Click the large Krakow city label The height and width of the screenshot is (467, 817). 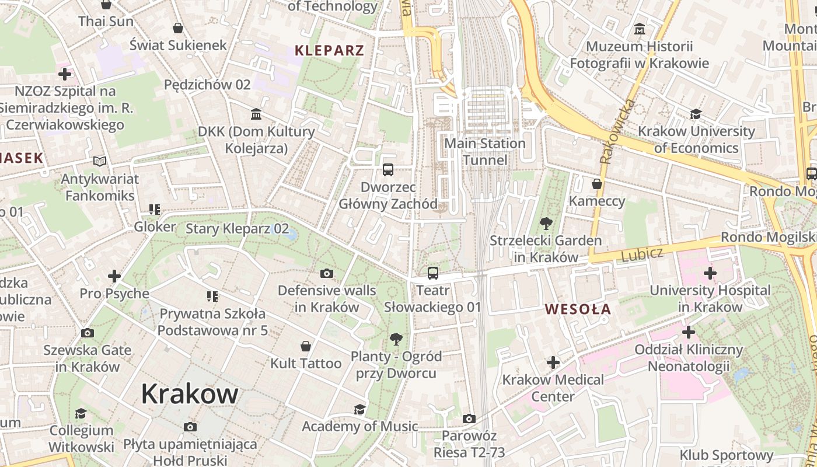click(190, 394)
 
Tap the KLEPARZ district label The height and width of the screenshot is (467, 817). click(329, 50)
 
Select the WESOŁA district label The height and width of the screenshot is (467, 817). click(578, 309)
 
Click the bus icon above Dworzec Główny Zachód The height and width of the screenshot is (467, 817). click(388, 170)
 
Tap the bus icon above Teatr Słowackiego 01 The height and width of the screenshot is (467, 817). click(432, 273)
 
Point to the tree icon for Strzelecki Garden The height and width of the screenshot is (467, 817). click(546, 223)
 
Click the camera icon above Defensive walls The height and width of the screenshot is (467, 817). click(327, 273)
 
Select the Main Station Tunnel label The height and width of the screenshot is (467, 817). click(485, 152)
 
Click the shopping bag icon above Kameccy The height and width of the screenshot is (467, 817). click(596, 184)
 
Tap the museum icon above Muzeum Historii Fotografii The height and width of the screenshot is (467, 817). click(640, 29)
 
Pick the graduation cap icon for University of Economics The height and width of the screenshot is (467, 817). click(696, 114)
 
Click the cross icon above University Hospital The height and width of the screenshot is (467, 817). click(710, 273)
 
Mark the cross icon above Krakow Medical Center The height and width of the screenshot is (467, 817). click(553, 363)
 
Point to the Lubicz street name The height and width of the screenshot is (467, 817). click(642, 255)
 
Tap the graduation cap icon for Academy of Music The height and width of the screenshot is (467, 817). click(359, 409)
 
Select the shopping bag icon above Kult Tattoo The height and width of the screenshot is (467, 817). click(305, 346)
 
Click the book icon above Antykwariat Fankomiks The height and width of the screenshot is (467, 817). click(100, 161)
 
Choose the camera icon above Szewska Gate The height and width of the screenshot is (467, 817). click(87, 333)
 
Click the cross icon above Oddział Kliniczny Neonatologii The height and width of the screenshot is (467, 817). click(689, 332)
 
